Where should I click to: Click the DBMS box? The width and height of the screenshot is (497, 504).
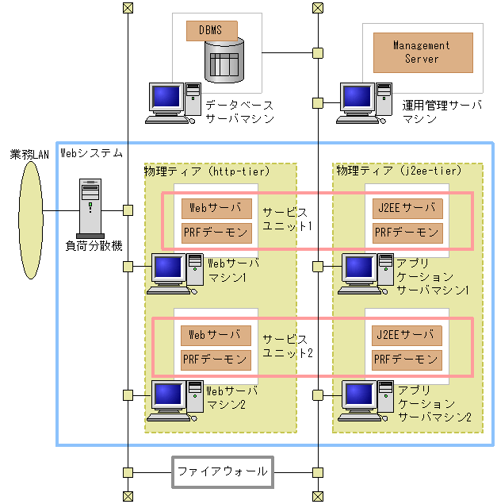click(x=212, y=31)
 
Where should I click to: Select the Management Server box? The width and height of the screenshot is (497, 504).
click(x=422, y=52)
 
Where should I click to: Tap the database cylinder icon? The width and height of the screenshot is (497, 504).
click(x=223, y=60)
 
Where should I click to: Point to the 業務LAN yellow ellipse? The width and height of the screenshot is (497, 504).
click(x=31, y=210)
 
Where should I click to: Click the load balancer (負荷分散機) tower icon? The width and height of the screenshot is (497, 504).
click(x=90, y=208)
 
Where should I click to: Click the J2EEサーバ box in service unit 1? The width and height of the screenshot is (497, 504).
click(x=407, y=209)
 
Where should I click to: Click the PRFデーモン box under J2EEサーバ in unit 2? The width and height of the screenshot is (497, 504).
click(x=407, y=360)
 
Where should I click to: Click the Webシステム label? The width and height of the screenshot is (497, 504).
click(x=92, y=152)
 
